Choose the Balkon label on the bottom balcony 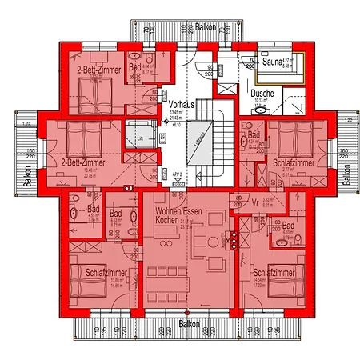[x=189, y=325]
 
